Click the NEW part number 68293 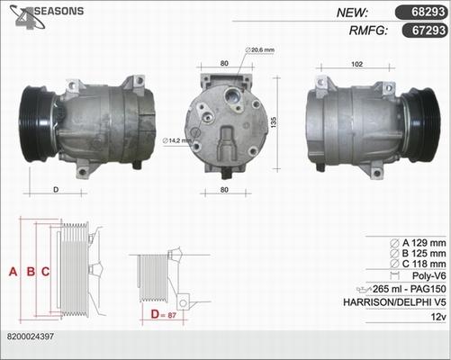tap(428, 12)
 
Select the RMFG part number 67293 tap(428, 31)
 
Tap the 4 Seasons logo tap(46, 16)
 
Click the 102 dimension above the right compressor tap(356, 64)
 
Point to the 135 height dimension tap(274, 122)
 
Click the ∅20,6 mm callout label tap(260, 49)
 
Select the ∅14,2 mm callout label tap(176, 140)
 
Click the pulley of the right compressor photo tap(421, 125)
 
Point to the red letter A tap(13, 272)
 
